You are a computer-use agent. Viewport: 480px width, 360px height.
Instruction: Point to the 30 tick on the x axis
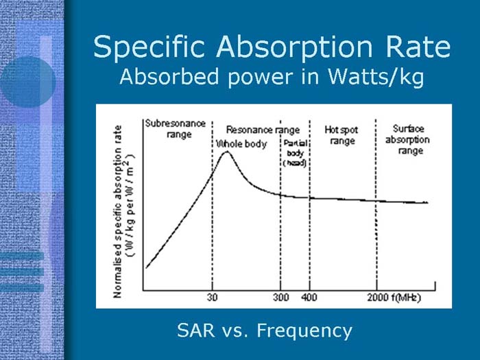213,298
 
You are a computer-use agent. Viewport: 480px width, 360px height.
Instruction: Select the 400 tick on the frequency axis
310,298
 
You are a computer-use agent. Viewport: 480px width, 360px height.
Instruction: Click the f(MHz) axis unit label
407,298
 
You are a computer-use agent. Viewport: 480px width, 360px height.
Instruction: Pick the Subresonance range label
175,129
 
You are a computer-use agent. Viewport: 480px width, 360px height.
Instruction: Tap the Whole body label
241,144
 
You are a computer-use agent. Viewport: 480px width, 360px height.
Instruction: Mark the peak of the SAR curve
226,153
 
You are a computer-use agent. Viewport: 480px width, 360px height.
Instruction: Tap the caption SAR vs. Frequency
264,331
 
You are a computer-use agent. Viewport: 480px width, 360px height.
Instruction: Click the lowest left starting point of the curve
146,267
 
